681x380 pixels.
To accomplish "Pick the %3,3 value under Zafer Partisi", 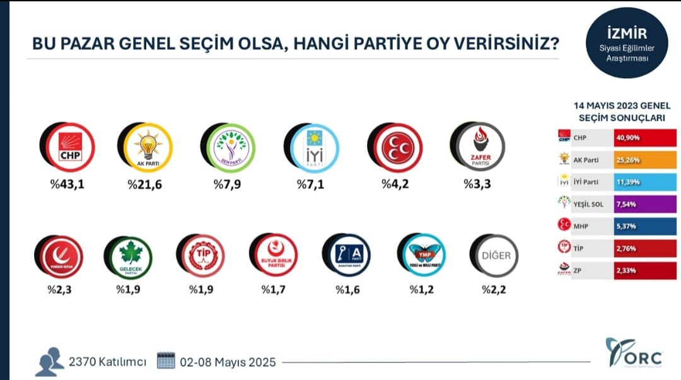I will point(477,184).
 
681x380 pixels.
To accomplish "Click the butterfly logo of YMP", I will point(423,255).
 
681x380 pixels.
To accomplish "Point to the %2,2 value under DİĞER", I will point(494,290).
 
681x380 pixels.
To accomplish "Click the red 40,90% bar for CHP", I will point(644,139).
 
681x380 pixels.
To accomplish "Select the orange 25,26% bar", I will point(644,160).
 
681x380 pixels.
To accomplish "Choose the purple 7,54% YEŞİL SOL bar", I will point(644,204).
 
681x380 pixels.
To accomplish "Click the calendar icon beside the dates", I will point(165,360).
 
